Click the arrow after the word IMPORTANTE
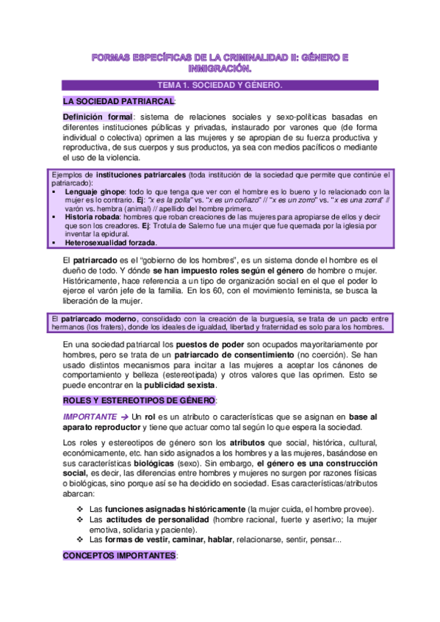tap(125, 417)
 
